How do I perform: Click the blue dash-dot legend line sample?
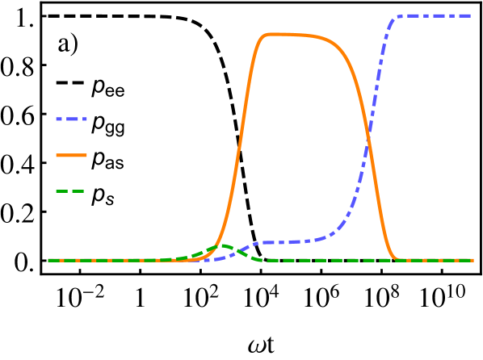[71, 119]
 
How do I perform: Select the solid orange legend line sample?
[71, 155]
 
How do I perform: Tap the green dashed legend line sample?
[70, 191]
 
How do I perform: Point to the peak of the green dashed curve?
[221, 245]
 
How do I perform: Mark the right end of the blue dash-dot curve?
[472, 15]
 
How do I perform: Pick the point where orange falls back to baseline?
[396, 259]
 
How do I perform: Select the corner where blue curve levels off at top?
[396, 16]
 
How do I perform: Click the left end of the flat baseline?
[48, 260]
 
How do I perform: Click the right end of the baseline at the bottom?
[472, 260]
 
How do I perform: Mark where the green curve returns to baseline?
[262, 260]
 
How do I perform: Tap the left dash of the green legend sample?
[61, 191]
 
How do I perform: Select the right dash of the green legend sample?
[78, 191]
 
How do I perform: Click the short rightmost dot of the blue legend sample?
[85, 119]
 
